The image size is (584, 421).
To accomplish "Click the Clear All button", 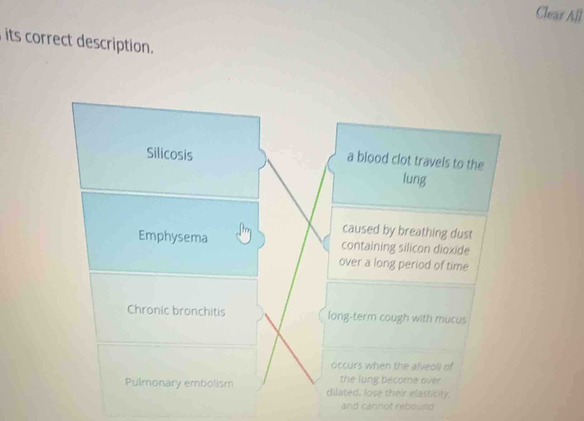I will pos(558,14).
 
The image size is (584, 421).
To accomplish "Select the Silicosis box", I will pos(169,154).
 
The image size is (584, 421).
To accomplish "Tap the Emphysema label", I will pos(173,236).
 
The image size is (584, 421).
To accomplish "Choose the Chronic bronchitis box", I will pos(176,310).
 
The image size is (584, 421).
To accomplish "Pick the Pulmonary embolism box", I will pos(179,382).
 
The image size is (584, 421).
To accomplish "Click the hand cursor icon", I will pos(244,233).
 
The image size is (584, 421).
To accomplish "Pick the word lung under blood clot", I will pos(414,179).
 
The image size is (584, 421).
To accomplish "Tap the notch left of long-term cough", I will pos(322,315).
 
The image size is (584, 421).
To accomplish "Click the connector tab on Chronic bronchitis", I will pos(260,313).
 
